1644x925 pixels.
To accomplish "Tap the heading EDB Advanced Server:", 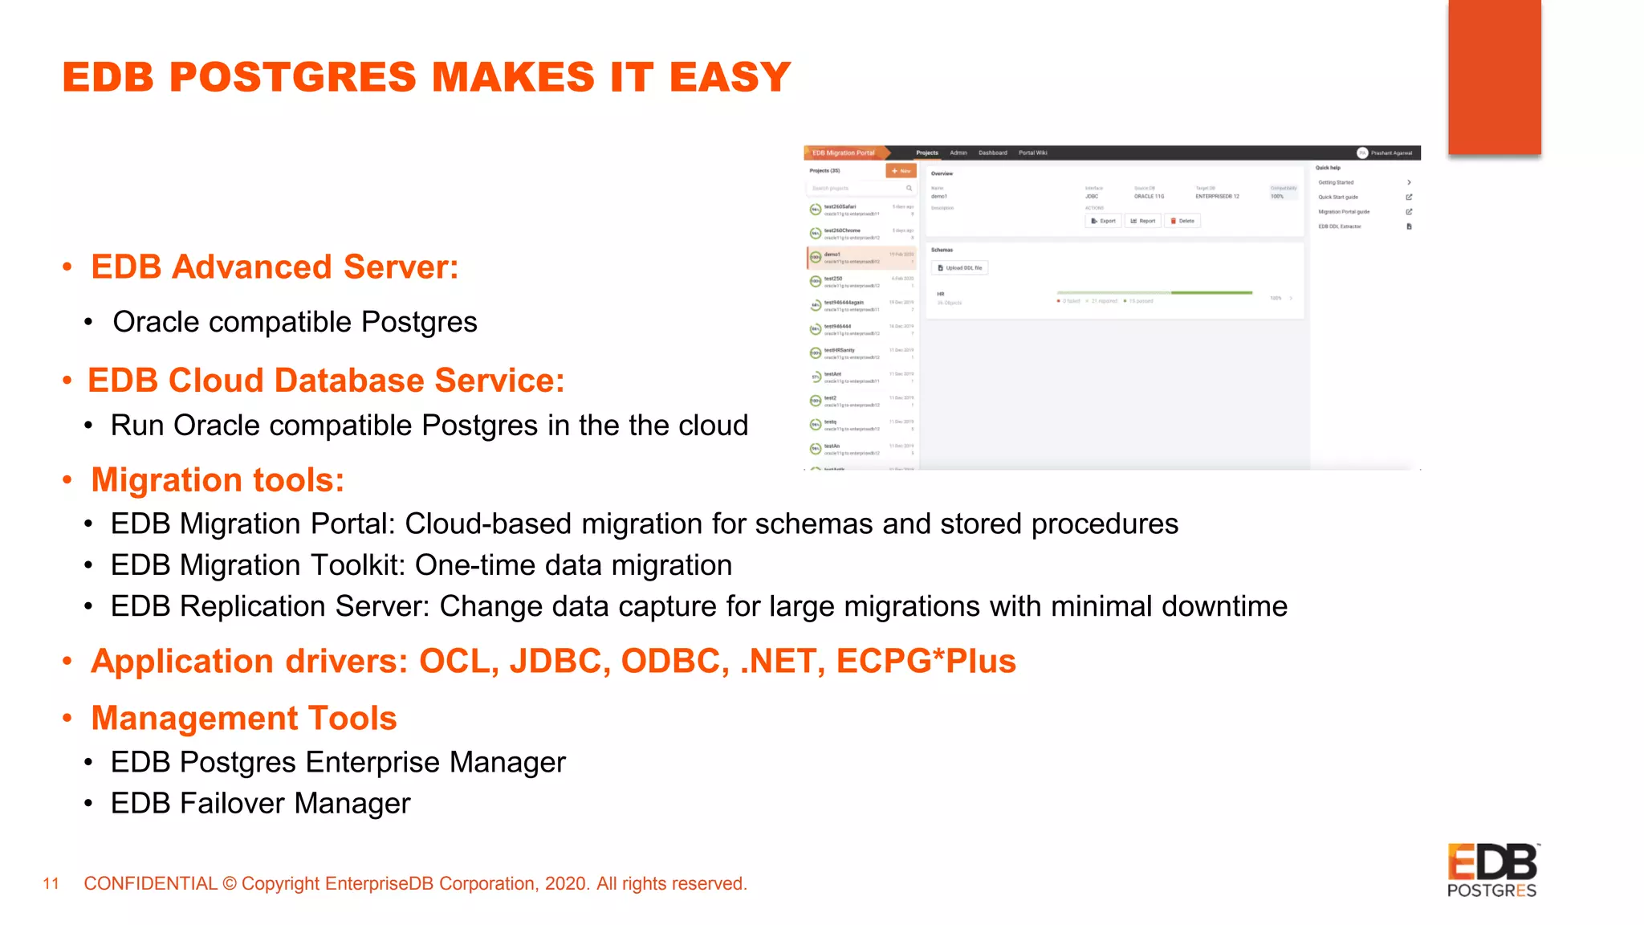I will (275, 267).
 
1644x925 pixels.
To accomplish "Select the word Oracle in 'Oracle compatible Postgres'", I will (156, 322).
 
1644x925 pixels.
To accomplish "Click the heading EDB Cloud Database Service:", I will (326, 381).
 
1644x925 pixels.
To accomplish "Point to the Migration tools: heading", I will (218, 480).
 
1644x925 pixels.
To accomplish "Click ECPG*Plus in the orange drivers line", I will (926, 662).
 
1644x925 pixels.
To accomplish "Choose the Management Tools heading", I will (244, 719).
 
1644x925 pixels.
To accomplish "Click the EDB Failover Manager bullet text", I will (260, 804).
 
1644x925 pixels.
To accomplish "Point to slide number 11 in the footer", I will (51, 884).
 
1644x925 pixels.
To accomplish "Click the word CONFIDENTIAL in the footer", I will (151, 884).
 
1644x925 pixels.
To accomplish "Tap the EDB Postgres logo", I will (1492, 870).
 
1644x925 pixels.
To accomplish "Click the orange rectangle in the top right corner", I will (1494, 77).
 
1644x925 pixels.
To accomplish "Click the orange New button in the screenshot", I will (901, 171).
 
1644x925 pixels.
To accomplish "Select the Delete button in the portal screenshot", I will (1182, 221).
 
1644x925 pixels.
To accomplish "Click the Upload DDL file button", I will (960, 268).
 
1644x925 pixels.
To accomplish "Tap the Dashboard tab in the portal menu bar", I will (992, 153).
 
